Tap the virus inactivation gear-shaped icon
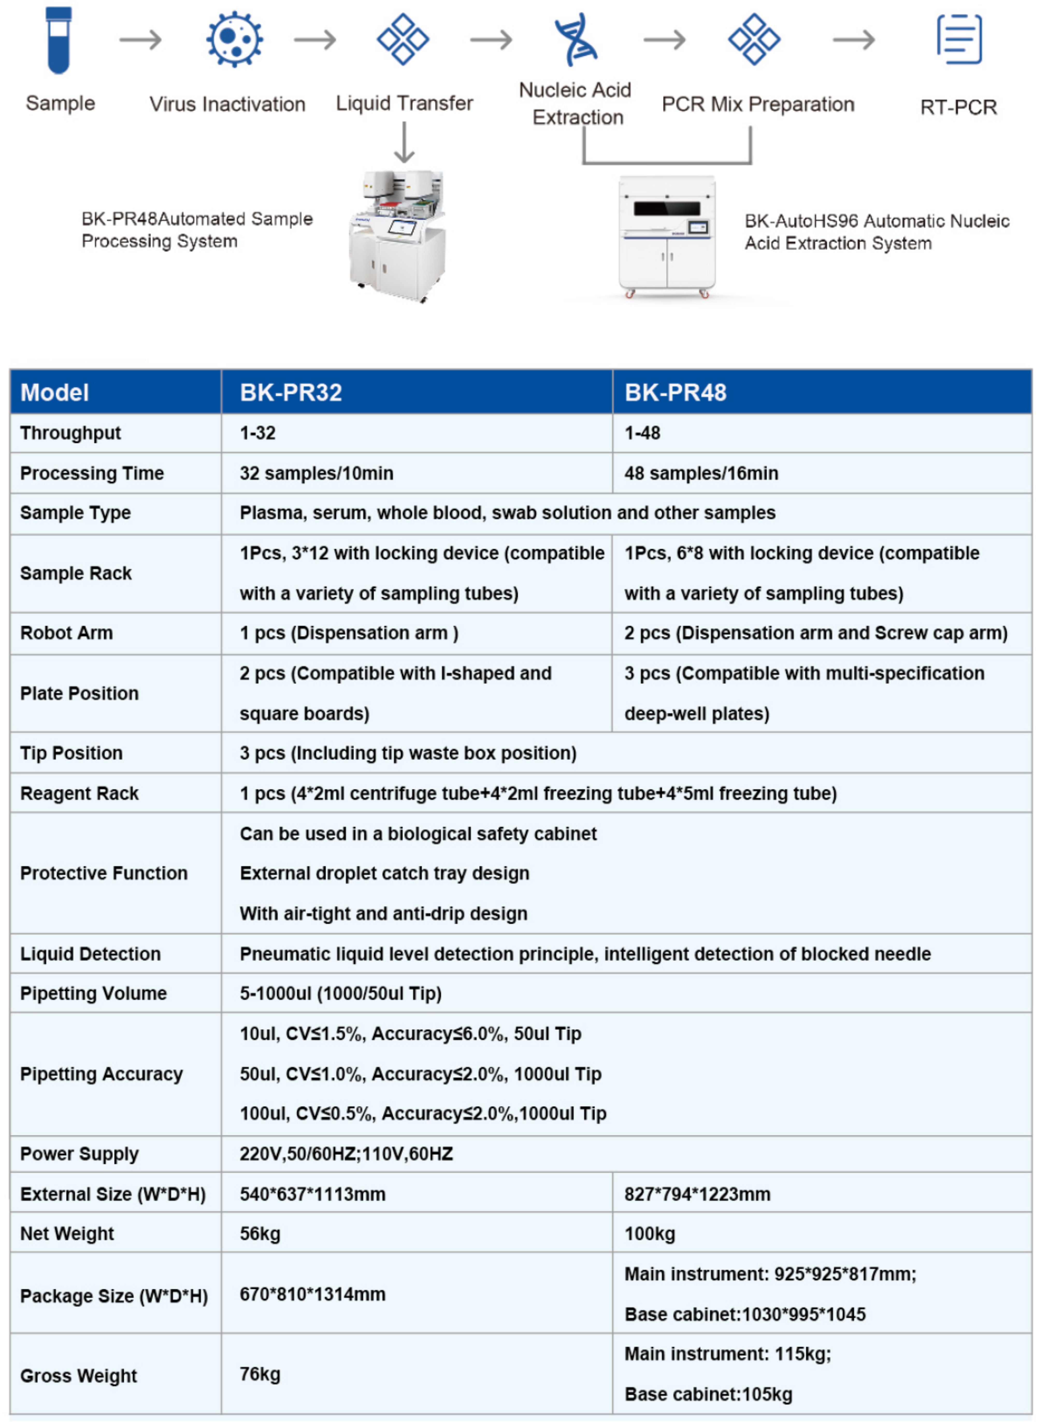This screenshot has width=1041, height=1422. point(234,39)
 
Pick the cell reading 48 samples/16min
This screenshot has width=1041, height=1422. point(701,473)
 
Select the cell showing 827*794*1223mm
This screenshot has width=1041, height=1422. point(697,1194)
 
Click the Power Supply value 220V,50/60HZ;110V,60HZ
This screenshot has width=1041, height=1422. point(346,1153)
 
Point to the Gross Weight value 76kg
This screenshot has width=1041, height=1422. point(260,1374)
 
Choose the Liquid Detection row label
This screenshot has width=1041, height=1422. point(90,953)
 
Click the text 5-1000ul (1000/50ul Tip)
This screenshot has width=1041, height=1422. point(340,993)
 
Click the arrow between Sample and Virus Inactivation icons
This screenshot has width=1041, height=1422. point(141,40)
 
